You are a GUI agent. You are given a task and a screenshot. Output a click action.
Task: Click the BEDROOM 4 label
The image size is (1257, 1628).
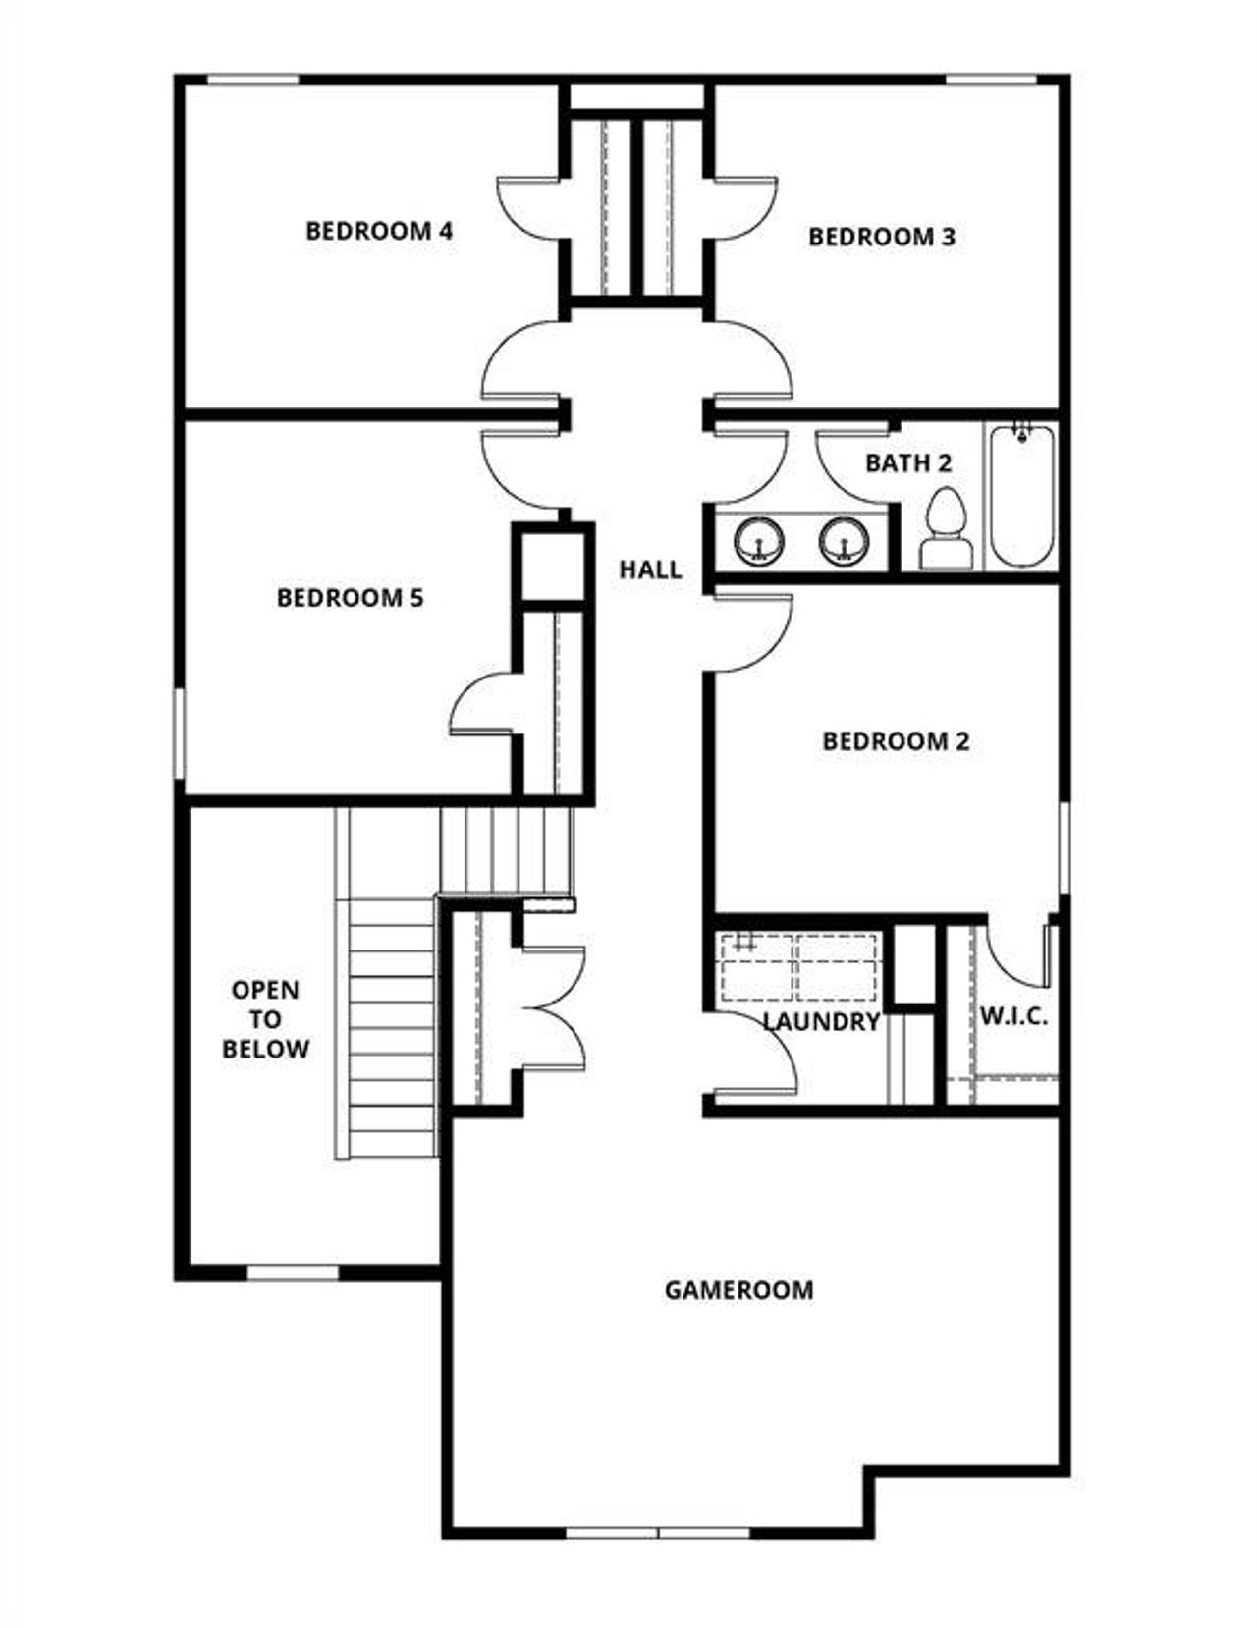379,231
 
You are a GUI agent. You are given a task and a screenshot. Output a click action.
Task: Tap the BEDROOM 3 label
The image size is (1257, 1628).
881,237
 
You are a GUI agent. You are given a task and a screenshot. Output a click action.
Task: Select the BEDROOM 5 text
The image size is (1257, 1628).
350,597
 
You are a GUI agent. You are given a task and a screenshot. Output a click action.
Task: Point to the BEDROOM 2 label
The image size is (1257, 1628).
896,740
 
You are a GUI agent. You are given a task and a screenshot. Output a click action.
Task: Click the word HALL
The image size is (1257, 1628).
650,570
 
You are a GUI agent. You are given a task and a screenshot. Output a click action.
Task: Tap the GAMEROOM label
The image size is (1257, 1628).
738,1289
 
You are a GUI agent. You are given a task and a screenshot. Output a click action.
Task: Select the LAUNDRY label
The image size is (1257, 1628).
821,1022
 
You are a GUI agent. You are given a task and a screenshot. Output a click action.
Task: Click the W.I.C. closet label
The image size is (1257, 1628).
1013,1016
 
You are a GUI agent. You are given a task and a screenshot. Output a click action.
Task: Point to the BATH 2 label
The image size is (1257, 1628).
908,462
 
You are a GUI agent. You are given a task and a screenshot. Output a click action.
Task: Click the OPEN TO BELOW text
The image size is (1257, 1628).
265,1019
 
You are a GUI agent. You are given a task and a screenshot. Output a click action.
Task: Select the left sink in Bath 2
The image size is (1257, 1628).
759,541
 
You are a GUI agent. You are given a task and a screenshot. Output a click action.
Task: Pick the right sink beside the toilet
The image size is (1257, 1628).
845,541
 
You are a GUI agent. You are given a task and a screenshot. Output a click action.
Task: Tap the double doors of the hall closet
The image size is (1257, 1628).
552,1007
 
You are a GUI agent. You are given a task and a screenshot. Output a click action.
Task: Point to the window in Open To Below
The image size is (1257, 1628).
292,1273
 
